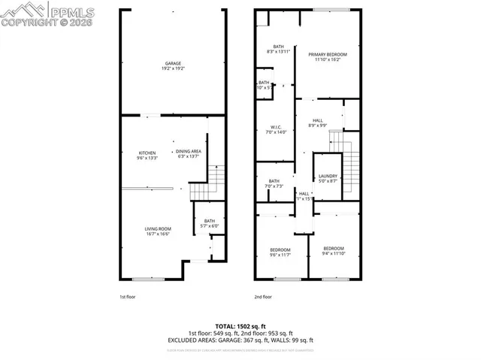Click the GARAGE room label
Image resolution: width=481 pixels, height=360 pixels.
click(172, 63)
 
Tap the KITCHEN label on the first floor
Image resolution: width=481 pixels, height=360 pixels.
click(147, 153)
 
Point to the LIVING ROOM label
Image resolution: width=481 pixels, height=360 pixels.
click(158, 228)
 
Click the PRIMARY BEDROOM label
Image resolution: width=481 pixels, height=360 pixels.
click(327, 55)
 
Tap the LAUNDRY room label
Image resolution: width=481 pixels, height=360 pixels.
click(328, 176)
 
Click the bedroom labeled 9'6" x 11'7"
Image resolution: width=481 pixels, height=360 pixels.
click(280, 250)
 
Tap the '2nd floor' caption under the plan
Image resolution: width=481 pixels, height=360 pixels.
click(263, 298)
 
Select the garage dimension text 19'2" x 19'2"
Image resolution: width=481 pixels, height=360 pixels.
click(172, 68)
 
